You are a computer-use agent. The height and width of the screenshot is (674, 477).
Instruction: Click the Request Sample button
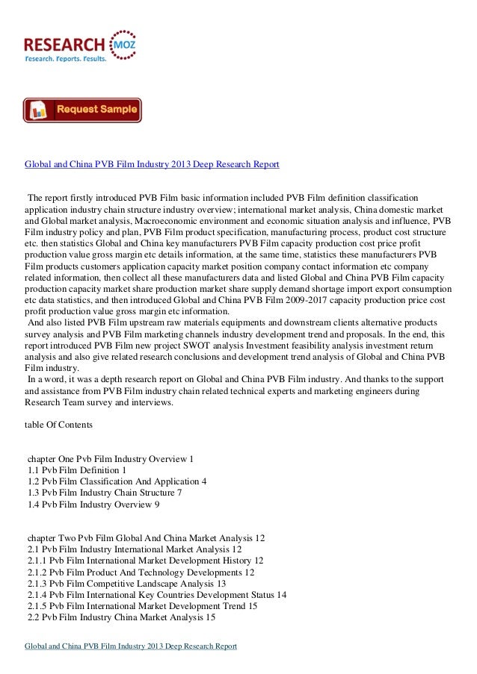(82, 110)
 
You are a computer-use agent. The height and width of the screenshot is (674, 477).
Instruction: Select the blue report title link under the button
(153, 163)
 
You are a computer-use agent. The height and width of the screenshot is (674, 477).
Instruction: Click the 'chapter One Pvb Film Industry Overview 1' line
(110, 457)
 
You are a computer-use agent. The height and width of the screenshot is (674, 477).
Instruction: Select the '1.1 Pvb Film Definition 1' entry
(77, 469)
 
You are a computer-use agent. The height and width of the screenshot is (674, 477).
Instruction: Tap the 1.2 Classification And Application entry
(117, 481)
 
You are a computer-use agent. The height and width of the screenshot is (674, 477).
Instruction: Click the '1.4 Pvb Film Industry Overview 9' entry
(93, 505)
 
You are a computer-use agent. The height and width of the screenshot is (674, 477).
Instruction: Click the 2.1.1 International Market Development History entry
(145, 560)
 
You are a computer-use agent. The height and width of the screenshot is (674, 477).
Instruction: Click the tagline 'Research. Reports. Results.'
(66, 58)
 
